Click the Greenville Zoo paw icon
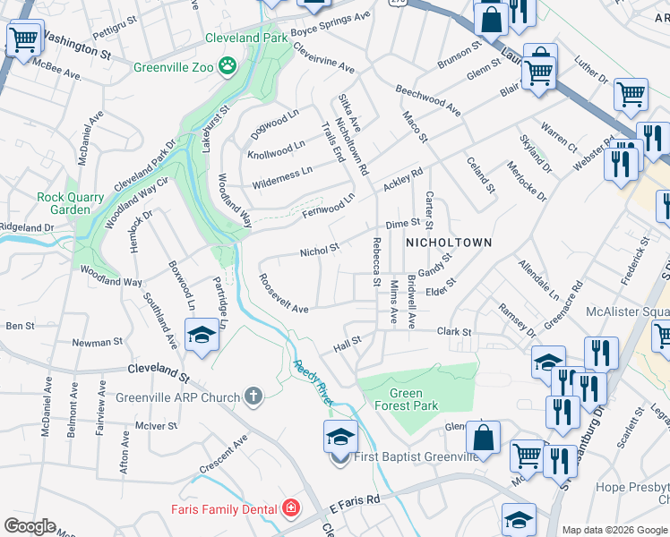tap(229, 65)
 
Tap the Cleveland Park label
tap(246, 38)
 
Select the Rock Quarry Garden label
tap(64, 203)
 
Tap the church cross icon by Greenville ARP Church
tap(253, 396)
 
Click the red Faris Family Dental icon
tap(290, 509)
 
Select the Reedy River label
tap(312, 383)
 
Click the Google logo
tap(30, 526)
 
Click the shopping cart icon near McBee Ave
tap(22, 38)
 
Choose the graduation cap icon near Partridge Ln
tap(202, 336)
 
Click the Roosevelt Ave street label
tap(283, 294)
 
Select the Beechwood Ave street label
tap(428, 101)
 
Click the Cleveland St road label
tap(159, 368)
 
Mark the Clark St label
tap(453, 331)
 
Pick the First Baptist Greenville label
tap(417, 456)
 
